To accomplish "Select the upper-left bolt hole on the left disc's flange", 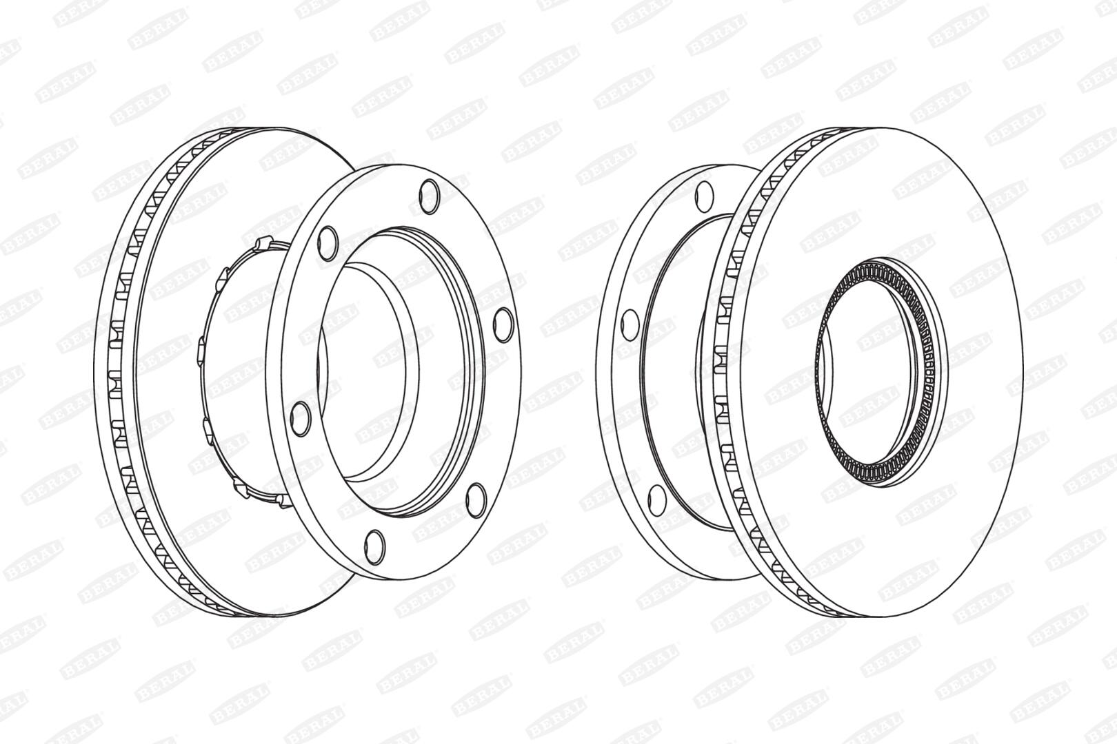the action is click(328, 243).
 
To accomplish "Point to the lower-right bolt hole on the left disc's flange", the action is click(476, 500).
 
